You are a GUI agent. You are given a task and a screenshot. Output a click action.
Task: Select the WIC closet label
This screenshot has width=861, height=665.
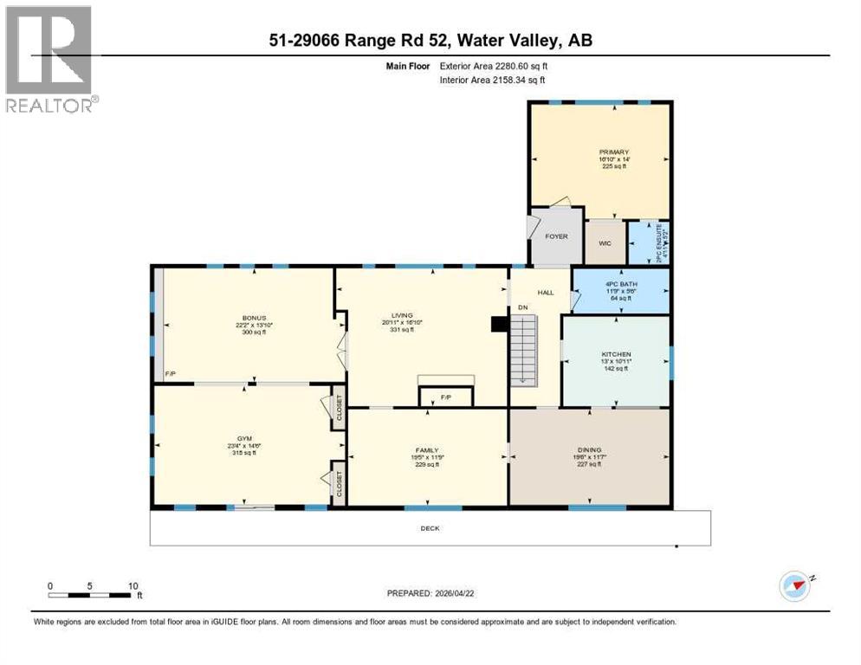pyautogui.click(x=605, y=243)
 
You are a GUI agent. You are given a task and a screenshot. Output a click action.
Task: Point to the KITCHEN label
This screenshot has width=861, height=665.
pyautogui.click(x=616, y=354)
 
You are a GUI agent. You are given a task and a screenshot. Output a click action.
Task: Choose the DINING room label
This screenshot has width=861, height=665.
pyautogui.click(x=589, y=450)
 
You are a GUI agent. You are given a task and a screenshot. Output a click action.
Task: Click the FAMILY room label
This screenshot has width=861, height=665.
pyautogui.click(x=425, y=450)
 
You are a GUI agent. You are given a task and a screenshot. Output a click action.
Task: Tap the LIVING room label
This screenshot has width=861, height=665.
pyautogui.click(x=401, y=315)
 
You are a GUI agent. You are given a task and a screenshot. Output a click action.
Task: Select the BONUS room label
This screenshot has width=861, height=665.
pyautogui.click(x=254, y=318)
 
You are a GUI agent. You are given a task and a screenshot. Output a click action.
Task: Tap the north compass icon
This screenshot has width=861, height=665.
pyautogui.click(x=795, y=585)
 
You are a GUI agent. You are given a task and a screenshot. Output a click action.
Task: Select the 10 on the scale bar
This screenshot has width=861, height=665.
pyautogui.click(x=133, y=585)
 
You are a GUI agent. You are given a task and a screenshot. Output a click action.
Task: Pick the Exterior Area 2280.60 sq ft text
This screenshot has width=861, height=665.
pyautogui.click(x=494, y=66)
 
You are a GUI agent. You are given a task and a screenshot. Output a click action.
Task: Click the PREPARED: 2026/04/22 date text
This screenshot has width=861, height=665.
pyautogui.click(x=430, y=593)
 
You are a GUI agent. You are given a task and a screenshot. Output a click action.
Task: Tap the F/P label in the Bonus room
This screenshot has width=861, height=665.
pyautogui.click(x=171, y=374)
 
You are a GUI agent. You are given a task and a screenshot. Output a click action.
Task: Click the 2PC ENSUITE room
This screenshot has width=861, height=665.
pyautogui.click(x=649, y=244)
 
